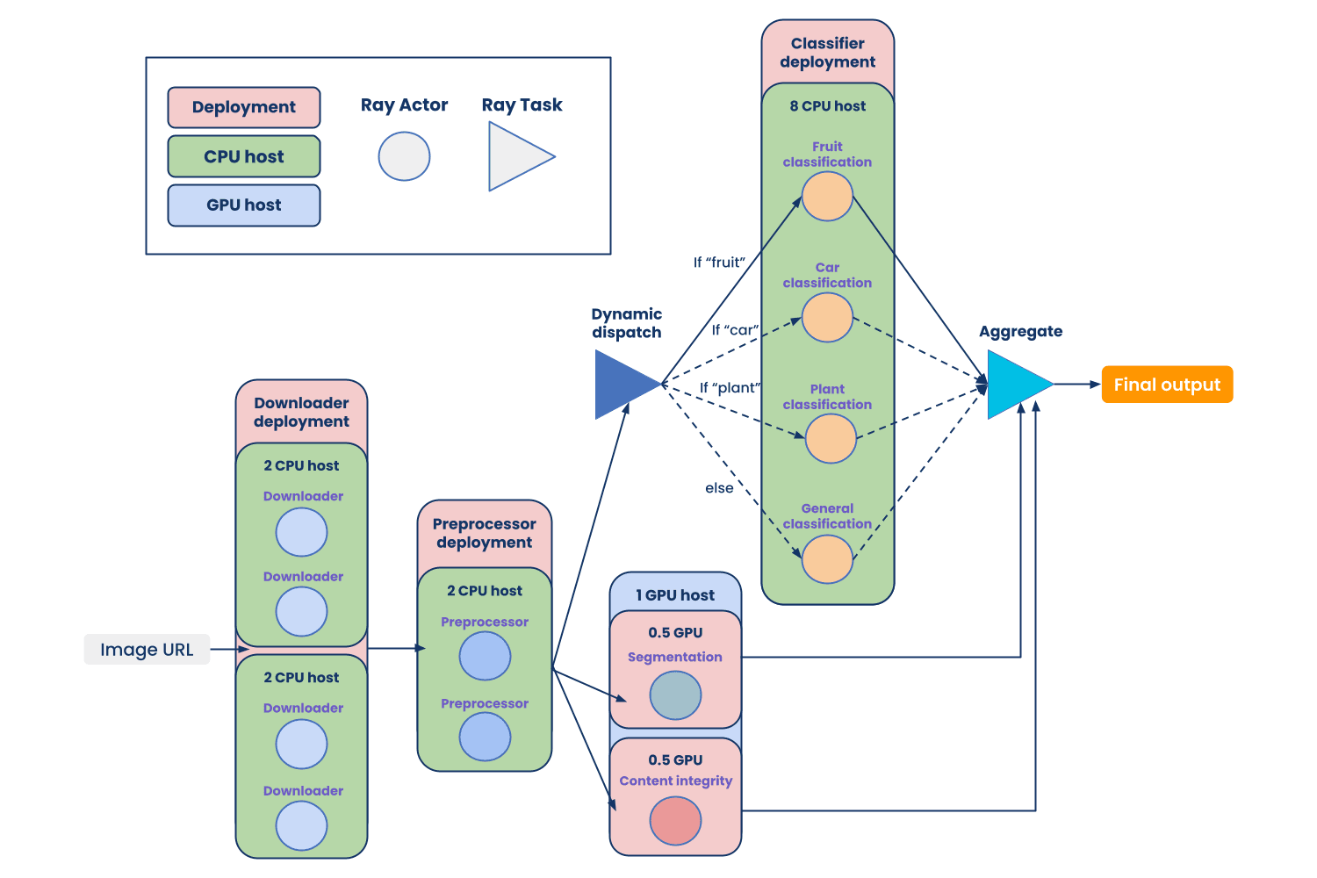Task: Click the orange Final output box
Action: pos(1167,385)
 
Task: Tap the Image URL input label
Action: pos(147,650)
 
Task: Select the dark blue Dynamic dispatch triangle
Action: pos(622,385)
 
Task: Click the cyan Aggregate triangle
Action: pos(1014,385)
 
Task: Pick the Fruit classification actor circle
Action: pos(827,197)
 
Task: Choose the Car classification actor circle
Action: pos(827,318)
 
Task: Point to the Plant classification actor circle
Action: pos(831,439)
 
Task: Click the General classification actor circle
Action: pos(827,559)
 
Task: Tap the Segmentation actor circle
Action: pos(675,695)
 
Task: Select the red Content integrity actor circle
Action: pos(675,821)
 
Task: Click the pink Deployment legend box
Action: pos(244,107)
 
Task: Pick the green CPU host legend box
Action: pos(244,156)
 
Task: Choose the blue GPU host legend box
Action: pos(244,205)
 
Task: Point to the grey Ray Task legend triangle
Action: pos(515,157)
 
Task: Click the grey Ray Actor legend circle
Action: pos(404,156)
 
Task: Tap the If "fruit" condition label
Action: pos(719,262)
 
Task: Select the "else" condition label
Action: pos(719,488)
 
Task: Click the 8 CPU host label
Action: pos(827,106)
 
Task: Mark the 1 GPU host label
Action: pos(675,595)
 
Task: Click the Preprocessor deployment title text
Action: pos(484,533)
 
